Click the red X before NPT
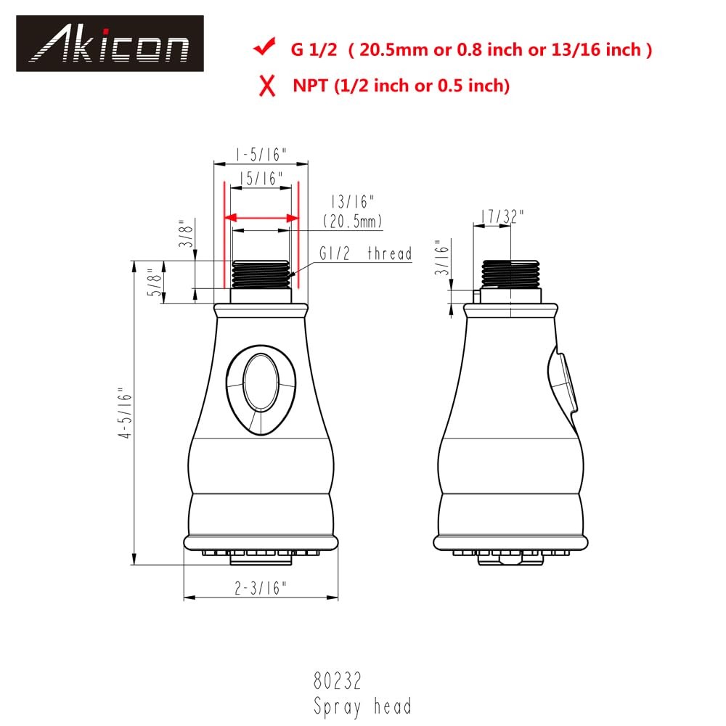[x=268, y=86]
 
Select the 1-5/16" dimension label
[x=261, y=154]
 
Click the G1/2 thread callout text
[x=365, y=253]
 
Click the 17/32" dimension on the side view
[x=501, y=216]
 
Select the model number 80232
[x=337, y=681]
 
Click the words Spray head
[x=362, y=705]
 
